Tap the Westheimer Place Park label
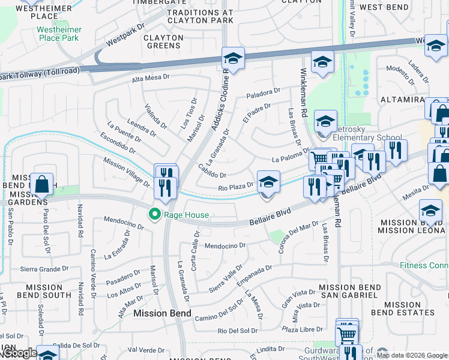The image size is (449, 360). coord(58,34)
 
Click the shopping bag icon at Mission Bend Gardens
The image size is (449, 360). coord(42,184)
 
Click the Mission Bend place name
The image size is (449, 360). coord(162,313)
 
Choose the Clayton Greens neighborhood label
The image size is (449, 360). coord(163,41)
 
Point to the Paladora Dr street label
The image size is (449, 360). coord(263,94)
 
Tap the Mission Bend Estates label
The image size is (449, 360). coord(402,308)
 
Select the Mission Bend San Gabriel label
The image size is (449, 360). coord(349,292)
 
